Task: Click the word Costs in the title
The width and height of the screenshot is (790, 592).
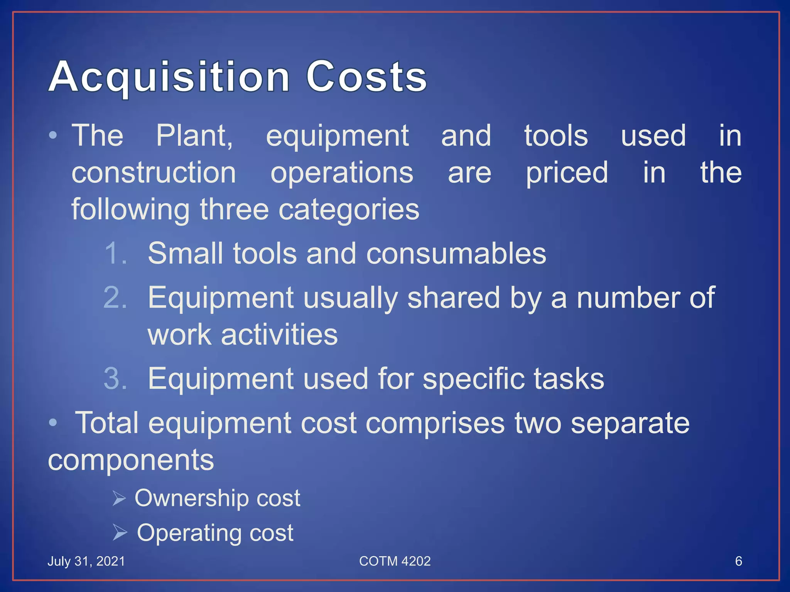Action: tap(366, 77)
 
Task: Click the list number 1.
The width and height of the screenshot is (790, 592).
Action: tap(115, 254)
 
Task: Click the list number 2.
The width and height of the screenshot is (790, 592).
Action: tap(115, 298)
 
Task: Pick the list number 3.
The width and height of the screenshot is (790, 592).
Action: tap(115, 378)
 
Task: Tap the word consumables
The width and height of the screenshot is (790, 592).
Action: tap(456, 254)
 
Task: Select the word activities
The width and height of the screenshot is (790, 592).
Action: tap(279, 335)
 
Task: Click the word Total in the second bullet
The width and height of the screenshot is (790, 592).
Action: tap(106, 423)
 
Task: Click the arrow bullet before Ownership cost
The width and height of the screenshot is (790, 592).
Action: tap(119, 498)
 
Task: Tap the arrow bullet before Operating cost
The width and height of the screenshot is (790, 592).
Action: tap(120, 533)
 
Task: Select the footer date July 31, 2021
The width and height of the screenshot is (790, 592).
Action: tap(86, 561)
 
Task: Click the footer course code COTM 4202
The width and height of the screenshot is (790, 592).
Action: tap(395, 561)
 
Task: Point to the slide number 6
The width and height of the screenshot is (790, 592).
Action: tap(738, 561)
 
